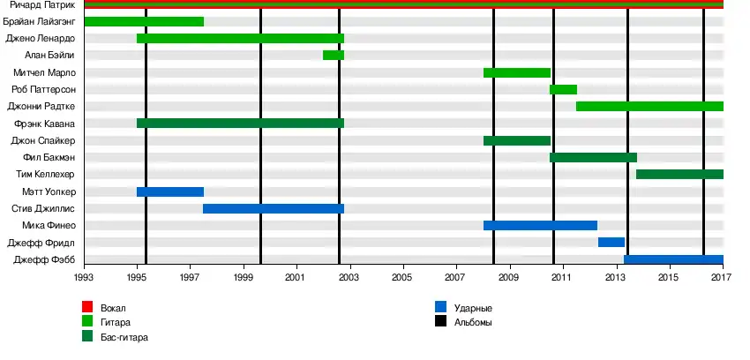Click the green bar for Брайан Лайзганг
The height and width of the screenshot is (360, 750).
click(144, 21)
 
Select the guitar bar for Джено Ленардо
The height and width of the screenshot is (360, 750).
click(240, 39)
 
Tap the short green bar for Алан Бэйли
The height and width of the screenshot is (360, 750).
click(334, 56)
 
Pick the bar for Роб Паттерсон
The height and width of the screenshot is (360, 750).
click(563, 89)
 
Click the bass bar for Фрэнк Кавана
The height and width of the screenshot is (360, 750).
click(240, 124)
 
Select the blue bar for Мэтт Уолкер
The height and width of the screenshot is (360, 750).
click(170, 191)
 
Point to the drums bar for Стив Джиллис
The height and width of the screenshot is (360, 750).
click(274, 209)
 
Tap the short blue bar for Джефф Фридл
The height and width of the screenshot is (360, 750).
click(611, 243)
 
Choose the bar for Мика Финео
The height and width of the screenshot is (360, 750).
click(540, 226)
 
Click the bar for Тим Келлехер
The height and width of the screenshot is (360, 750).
click(679, 175)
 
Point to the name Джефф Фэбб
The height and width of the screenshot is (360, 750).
click(45, 259)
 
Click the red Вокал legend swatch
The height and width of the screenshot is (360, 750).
click(87, 307)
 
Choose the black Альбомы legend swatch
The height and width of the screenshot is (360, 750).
click(440, 322)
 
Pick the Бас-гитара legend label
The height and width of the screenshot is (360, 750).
click(124, 337)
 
